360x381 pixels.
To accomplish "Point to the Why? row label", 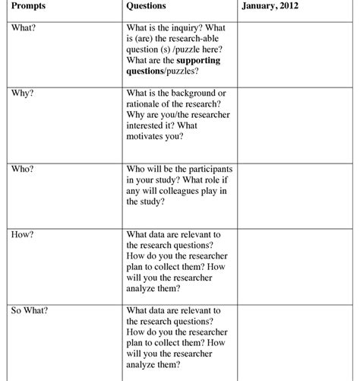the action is click(23, 93).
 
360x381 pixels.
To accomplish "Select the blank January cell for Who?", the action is click(298, 194).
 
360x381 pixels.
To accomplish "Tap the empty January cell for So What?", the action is click(298, 342).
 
